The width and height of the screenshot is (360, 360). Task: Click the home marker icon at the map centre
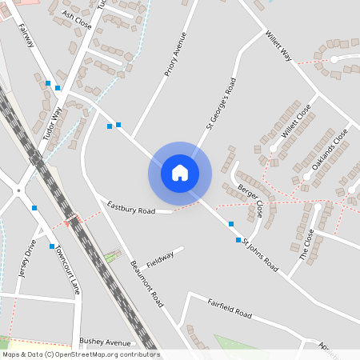(179, 173)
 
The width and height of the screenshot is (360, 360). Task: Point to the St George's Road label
(221, 102)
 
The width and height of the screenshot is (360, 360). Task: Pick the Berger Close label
(250, 201)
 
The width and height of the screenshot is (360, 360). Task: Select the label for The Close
(306, 244)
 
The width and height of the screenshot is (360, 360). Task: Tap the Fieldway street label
(160, 258)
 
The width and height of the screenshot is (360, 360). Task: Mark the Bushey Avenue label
(105, 341)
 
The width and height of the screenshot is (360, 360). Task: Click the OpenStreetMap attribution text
(80, 354)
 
